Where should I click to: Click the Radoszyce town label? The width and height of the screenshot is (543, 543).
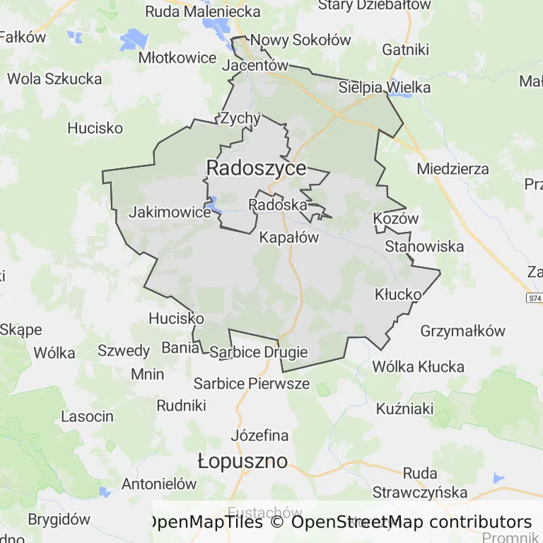256,168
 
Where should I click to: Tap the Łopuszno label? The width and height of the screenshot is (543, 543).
243,462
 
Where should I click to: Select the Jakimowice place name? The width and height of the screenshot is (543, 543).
170,212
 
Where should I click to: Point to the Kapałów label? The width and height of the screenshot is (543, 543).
289,238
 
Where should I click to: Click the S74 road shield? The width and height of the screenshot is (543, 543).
534,299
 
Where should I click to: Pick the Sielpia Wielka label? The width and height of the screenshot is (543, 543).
385,88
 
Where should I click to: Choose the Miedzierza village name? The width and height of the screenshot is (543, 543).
452,169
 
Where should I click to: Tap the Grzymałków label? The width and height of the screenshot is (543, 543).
463,331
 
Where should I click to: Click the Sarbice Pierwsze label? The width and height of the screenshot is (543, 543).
252,383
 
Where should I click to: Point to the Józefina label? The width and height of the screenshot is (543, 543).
259,435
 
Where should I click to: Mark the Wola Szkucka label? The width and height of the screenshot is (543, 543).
54,78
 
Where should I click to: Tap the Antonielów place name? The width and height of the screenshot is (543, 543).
159,484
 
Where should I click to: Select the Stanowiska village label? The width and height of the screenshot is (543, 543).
424,246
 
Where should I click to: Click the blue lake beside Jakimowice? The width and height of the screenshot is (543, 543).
213,206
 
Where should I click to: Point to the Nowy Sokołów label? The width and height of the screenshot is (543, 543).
300,40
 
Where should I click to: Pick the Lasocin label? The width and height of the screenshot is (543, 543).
87,416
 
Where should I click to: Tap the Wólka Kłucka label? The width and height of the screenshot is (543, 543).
418,366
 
